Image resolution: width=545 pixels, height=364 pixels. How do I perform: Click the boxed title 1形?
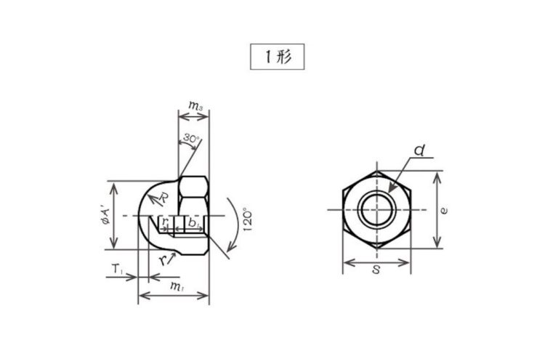tap(278, 57)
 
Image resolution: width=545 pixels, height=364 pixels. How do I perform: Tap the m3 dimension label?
tap(195, 105)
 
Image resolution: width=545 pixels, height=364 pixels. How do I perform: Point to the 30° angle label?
tap(191, 138)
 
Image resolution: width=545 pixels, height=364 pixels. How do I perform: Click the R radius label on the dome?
tap(163, 198)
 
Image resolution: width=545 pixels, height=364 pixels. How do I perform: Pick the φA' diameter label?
tap(105, 216)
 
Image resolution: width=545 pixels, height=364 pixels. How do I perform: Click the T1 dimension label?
tap(117, 268)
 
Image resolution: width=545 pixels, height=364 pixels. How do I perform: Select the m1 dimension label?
tap(177, 286)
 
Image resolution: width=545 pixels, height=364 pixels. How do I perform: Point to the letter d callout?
tap(419, 150)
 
